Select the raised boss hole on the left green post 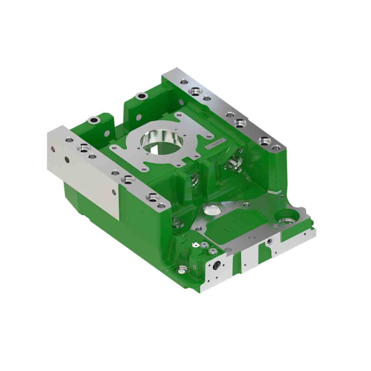[95, 120]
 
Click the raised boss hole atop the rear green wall [142, 96]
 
